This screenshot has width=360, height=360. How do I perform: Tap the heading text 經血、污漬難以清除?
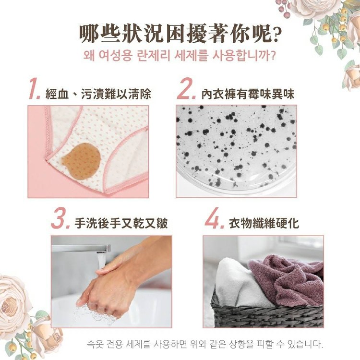pyautogui.click(x=98, y=94)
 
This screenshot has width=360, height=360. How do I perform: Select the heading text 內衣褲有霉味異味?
pyautogui.click(x=248, y=94)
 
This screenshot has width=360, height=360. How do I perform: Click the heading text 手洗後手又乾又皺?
pyautogui.click(x=121, y=223)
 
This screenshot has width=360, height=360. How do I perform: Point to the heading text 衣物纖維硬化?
pyautogui.click(x=264, y=223)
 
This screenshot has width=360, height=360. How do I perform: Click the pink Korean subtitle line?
pyautogui.click(x=180, y=56)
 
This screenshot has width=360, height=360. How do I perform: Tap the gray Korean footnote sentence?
pyautogui.click(x=205, y=344)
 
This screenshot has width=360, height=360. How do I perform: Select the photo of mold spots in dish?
pyautogui.click(x=236, y=151)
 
